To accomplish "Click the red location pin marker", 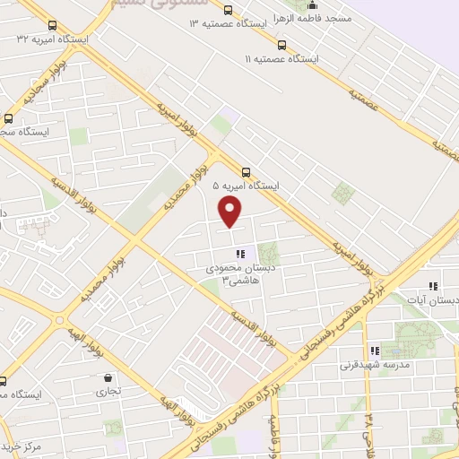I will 230,212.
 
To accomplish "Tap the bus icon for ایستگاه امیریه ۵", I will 247,170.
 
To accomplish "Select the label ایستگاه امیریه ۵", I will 246,186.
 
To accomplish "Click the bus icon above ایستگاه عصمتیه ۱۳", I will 228,10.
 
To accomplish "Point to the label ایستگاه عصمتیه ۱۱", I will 281,58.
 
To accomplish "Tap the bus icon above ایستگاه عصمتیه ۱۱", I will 282,44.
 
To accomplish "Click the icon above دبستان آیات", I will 433,287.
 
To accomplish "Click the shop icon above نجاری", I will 108,377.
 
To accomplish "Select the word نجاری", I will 108,392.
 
